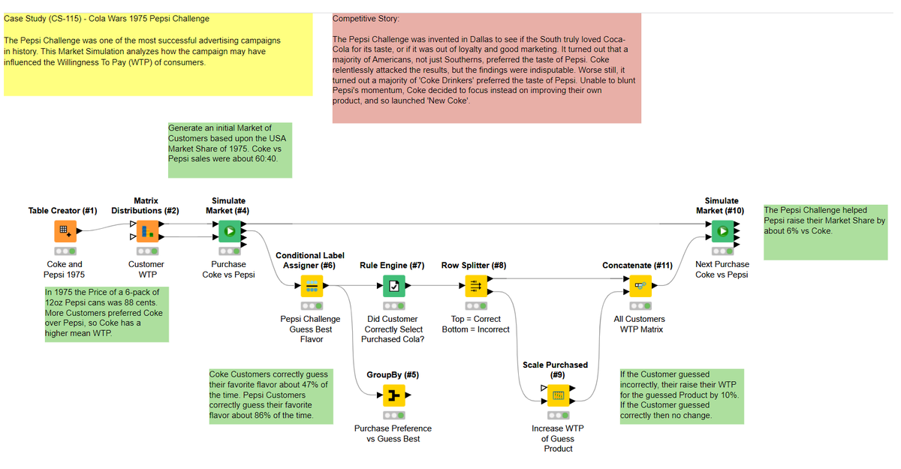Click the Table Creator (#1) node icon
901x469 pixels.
pyautogui.click(x=65, y=230)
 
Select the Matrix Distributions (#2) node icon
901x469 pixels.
pyautogui.click(x=146, y=230)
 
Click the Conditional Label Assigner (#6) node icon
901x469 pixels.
pyautogui.click(x=311, y=285)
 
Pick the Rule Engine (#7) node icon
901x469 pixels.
pyautogui.click(x=393, y=285)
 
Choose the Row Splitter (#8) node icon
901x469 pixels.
pyautogui.click(x=475, y=285)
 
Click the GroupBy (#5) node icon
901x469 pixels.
pyautogui.click(x=393, y=395)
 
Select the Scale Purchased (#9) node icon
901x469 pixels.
pyautogui.click(x=557, y=395)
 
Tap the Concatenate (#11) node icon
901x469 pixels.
pyautogui.click(x=639, y=285)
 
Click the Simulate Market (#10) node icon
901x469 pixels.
pyautogui.click(x=722, y=230)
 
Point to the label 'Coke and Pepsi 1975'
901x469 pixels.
pyautogui.click(x=65, y=269)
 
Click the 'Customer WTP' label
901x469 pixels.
pyautogui.click(x=146, y=269)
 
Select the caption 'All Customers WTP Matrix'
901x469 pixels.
pyautogui.click(x=639, y=324)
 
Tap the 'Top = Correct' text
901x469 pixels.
pyautogui.click(x=475, y=319)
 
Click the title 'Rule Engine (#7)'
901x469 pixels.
pyautogui.click(x=392, y=266)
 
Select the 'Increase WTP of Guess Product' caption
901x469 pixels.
pyautogui.click(x=557, y=439)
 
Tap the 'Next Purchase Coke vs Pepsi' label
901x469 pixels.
pyautogui.click(x=722, y=269)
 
